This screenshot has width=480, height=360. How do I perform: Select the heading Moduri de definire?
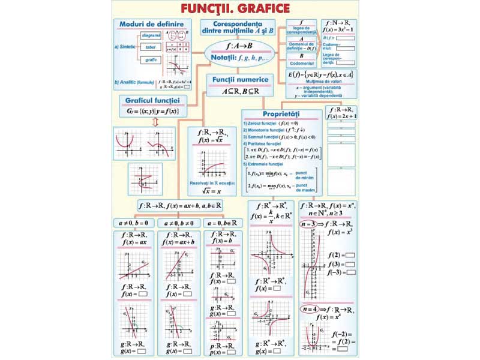coord(143,23)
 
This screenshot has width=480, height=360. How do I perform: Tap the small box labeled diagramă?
coord(152,35)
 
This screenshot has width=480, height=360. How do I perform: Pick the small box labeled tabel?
coord(151,47)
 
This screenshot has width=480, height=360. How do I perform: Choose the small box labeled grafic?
coord(151,60)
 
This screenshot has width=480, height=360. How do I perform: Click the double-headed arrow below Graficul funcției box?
coord(155,122)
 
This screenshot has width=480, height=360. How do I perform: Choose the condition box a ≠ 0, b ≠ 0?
coord(179,223)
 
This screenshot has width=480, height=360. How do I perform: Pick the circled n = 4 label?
coord(310,308)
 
